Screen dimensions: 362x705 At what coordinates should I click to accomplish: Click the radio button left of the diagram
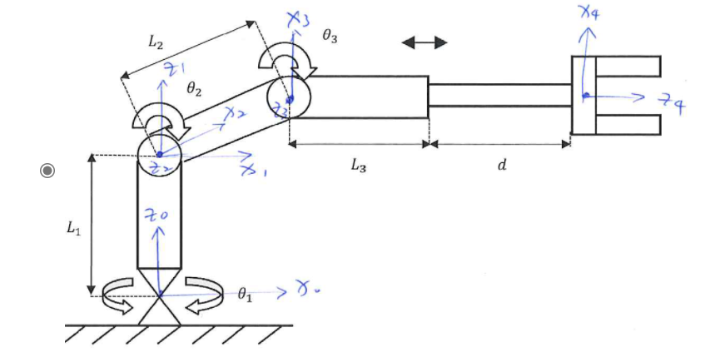48,171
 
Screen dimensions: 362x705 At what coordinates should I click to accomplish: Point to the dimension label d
501,166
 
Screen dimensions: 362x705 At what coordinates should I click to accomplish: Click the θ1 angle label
243,293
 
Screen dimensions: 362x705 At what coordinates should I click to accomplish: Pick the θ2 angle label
193,91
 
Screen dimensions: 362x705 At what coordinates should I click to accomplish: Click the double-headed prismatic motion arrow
424,42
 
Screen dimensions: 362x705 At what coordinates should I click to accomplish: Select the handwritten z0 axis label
158,215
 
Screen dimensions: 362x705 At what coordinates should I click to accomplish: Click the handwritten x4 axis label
588,14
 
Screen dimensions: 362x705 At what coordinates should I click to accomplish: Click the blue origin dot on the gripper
585,96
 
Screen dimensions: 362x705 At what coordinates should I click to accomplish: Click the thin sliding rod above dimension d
499,94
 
